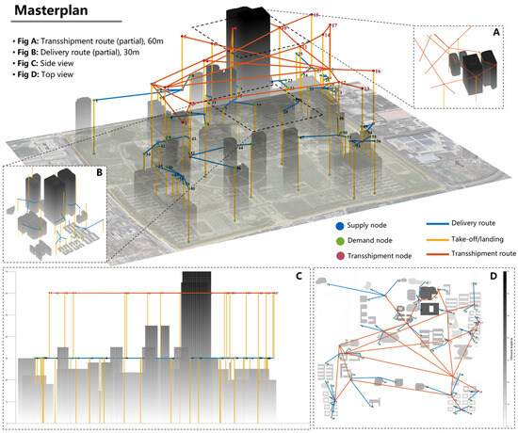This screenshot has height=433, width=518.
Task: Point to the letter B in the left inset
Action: tap(15, 173)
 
